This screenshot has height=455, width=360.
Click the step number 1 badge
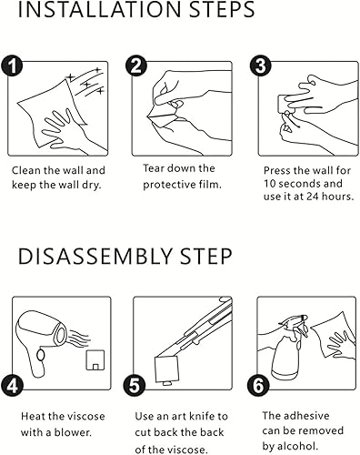click(x=12, y=66)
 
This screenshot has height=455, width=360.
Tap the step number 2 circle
click(x=136, y=66)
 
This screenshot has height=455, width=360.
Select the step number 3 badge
click(x=261, y=66)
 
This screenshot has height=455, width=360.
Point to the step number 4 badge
click(x=12, y=386)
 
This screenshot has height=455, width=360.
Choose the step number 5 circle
click(x=135, y=386)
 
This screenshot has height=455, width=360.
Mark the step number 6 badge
click(x=258, y=386)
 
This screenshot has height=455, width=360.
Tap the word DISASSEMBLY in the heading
click(x=95, y=257)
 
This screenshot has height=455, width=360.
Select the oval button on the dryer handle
click(x=40, y=355)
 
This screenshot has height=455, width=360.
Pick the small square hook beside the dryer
click(x=95, y=360)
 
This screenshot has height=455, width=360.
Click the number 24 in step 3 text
click(x=313, y=197)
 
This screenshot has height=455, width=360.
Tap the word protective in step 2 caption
click(x=169, y=185)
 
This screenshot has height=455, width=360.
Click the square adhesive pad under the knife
click(x=165, y=369)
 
